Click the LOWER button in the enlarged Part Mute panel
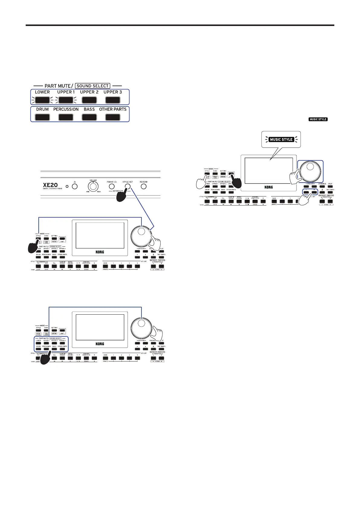42,100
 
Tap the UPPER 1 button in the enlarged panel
66,100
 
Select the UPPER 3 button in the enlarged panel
113,100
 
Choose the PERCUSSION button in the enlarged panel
66,117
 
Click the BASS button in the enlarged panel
89,117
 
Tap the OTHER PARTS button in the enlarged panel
113,117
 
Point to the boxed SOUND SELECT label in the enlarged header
92,86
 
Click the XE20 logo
50,185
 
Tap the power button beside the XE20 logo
74,186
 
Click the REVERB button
144,186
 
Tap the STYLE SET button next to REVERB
128,186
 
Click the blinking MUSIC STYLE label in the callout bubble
281,139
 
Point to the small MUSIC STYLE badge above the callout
318,119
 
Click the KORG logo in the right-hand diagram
268,187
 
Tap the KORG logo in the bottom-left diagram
100,344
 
